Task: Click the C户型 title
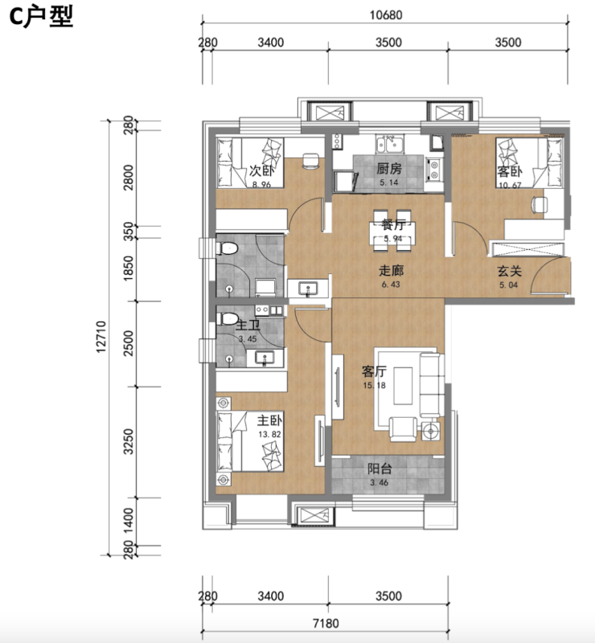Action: tap(41, 18)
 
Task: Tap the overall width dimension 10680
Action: tap(386, 15)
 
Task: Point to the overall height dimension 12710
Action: tap(101, 337)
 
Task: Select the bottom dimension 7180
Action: tap(326, 624)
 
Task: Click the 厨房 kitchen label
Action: tap(389, 169)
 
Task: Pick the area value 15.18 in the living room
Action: tap(374, 386)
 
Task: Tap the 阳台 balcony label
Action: tap(380, 469)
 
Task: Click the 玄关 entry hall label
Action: tap(509, 271)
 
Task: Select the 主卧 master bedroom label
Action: tap(269, 420)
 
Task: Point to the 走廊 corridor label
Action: tap(391, 270)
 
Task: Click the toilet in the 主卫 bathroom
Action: tap(228, 318)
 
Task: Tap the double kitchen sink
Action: tap(390, 144)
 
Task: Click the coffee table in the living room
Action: tap(403, 386)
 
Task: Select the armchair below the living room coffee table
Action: tap(403, 429)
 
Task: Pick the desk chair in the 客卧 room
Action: tap(540, 204)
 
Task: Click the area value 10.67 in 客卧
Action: tap(510, 186)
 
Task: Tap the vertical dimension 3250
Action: tap(129, 441)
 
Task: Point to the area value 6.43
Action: tap(391, 285)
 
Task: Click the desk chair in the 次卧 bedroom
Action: tap(311, 162)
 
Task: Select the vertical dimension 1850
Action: tap(129, 268)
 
